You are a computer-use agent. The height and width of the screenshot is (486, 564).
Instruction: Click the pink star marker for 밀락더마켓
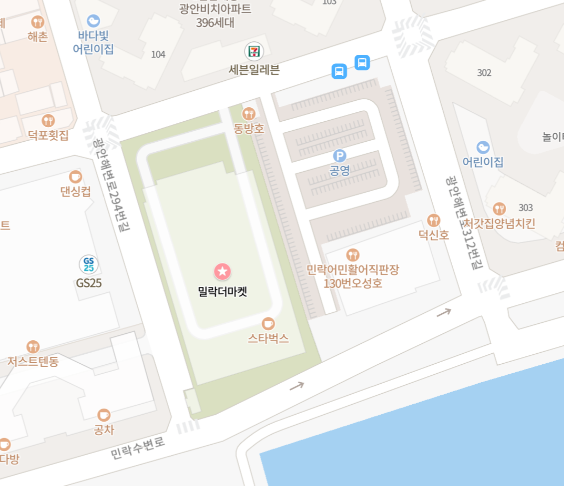tap(223, 271)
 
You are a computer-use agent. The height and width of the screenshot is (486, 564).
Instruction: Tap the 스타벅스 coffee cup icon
tap(269, 323)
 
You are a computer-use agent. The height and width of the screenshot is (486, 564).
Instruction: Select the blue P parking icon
tap(339, 156)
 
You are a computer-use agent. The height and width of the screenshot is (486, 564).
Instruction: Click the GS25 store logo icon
tap(88, 264)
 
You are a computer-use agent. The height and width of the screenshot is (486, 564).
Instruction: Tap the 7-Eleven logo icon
tap(254, 51)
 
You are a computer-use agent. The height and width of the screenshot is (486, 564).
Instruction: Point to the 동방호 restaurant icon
tap(249, 114)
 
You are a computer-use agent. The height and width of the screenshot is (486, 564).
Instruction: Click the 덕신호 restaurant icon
tap(434, 220)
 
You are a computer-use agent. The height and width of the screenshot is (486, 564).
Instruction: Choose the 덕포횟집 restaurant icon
tap(48, 120)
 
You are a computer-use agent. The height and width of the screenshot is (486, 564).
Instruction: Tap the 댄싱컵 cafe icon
tap(75, 177)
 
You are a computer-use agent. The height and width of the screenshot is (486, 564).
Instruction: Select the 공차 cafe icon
tap(104, 415)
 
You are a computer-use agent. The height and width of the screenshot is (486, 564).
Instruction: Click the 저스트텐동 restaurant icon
tap(33, 347)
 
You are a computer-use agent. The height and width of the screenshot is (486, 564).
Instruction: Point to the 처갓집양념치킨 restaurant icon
tap(499, 209)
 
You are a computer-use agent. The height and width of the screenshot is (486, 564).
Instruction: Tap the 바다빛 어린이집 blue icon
tap(93, 21)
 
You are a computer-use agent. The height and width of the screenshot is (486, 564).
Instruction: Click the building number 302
tap(484, 73)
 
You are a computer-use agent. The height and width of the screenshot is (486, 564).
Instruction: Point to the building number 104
tap(158, 54)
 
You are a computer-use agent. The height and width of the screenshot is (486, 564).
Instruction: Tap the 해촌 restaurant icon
tap(37, 22)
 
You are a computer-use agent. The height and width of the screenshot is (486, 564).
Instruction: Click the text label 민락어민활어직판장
tap(353, 270)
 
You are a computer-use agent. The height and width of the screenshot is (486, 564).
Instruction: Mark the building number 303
tap(526, 208)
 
